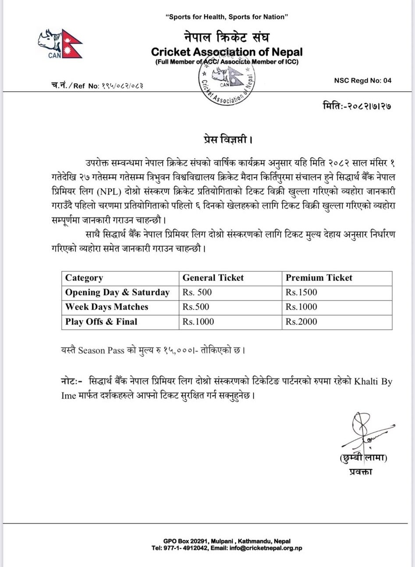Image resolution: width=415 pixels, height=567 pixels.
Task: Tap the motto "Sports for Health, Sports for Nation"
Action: tap(227, 17)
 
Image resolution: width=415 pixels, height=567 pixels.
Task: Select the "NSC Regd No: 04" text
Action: tap(362, 80)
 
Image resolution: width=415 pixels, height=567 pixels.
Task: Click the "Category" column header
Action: tap(84, 278)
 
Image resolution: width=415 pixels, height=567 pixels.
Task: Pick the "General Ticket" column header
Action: tap(213, 278)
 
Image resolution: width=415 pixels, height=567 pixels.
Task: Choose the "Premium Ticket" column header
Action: tap(319, 278)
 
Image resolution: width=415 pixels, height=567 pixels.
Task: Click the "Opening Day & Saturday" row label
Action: tap(117, 292)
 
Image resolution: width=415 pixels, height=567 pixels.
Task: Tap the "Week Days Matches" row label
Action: tap(106, 307)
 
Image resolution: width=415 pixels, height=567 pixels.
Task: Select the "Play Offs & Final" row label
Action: tap(101, 321)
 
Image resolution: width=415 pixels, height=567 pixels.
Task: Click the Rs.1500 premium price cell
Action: tap(301, 292)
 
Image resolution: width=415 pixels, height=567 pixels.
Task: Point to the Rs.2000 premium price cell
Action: tap(301, 321)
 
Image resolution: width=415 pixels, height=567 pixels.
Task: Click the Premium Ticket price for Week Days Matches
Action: tap(301, 307)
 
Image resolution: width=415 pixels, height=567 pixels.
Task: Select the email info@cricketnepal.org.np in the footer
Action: tap(267, 548)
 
